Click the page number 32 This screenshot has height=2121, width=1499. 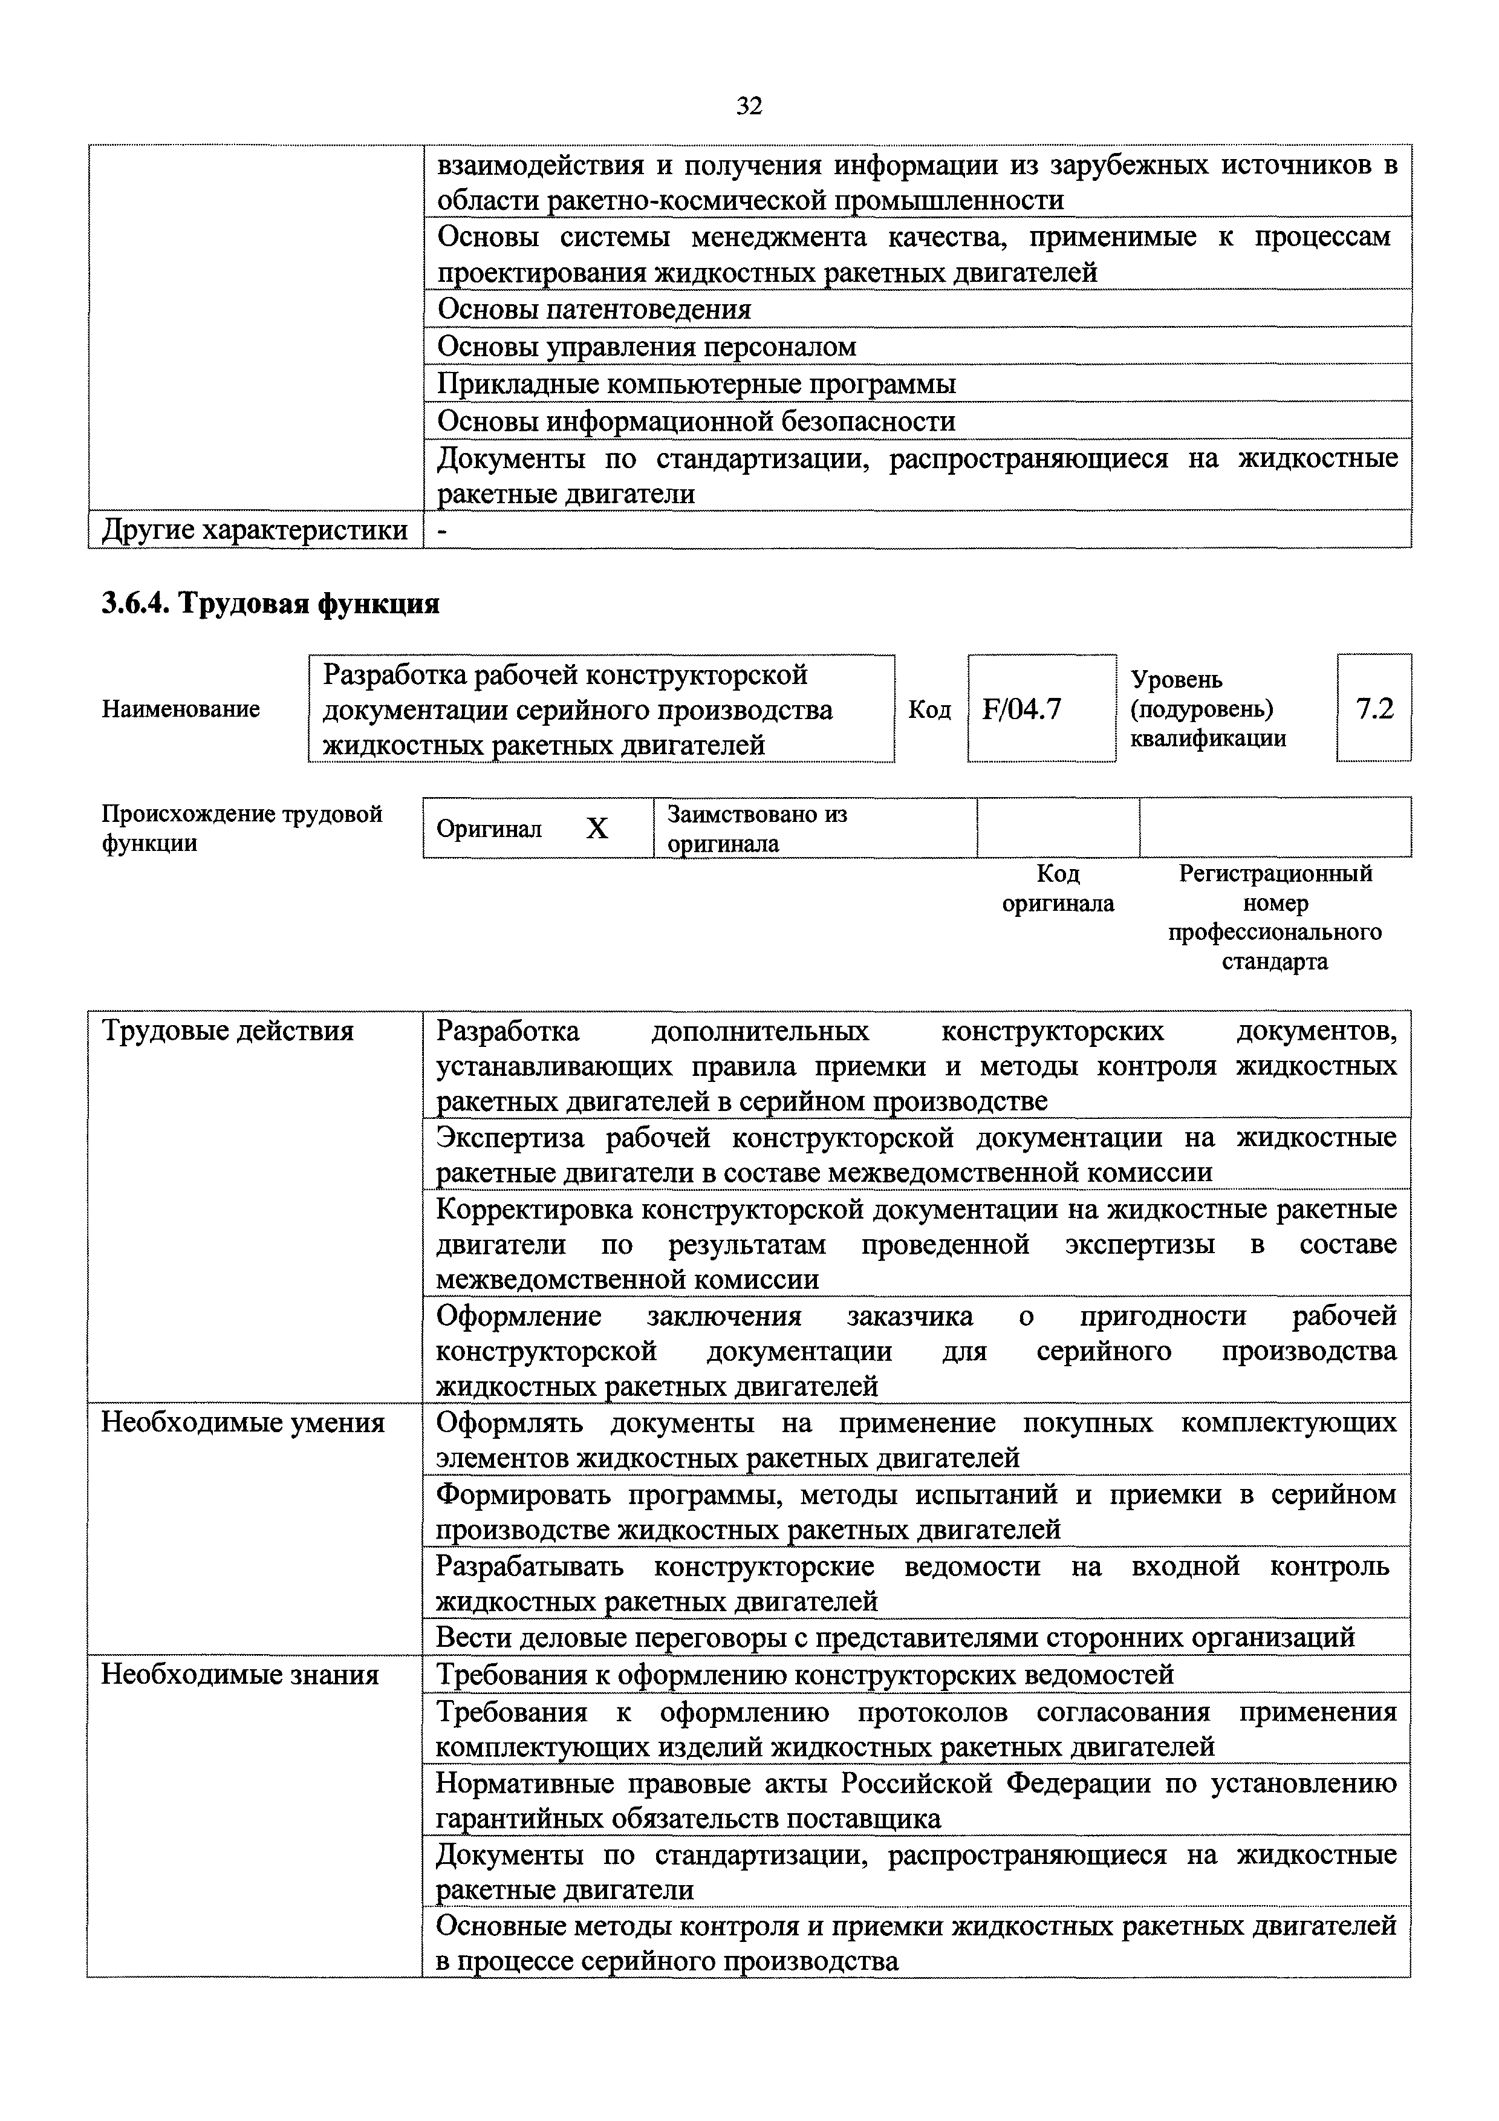[749, 107]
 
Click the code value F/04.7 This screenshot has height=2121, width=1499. [1023, 709]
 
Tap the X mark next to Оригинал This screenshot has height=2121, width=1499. [597, 829]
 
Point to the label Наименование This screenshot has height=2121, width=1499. [181, 709]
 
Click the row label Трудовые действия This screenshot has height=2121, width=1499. [227, 1031]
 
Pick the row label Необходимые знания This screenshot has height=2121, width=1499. [240, 1675]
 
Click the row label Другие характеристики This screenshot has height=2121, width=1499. [254, 530]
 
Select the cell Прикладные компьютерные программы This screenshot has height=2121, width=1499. [697, 384]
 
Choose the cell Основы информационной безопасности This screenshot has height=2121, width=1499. [695, 422]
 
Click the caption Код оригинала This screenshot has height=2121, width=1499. [1058, 888]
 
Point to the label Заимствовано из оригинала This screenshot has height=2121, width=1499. [757, 829]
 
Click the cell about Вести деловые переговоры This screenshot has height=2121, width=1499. [894, 1637]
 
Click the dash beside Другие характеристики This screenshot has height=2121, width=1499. [443, 531]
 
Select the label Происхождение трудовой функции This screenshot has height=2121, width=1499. [242, 829]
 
